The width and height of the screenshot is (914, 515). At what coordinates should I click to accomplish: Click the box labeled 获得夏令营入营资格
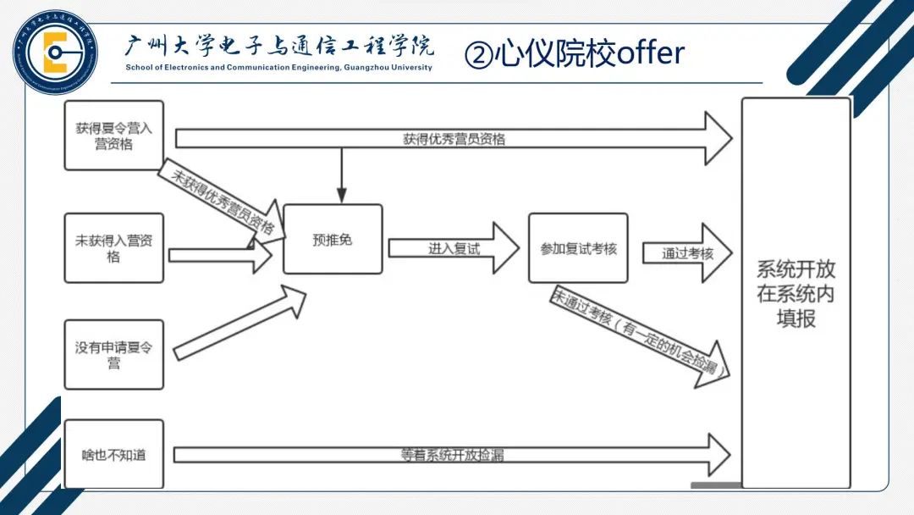(113, 136)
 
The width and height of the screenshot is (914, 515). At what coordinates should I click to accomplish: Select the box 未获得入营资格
(113, 247)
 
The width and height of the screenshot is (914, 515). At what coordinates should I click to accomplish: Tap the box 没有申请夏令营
(113, 354)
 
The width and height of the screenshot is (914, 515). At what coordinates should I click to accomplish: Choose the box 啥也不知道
(113, 454)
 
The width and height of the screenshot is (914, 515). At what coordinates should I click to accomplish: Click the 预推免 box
(333, 240)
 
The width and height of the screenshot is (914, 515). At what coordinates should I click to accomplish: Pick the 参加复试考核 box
(578, 248)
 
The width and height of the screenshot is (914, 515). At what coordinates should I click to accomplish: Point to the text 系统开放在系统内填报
(796, 293)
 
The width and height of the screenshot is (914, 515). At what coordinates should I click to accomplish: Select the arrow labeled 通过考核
(686, 252)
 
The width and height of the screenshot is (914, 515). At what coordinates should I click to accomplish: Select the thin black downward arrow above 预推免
(341, 174)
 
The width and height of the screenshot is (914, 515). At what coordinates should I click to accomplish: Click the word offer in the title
(650, 54)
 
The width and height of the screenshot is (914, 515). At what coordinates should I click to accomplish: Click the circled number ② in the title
(478, 56)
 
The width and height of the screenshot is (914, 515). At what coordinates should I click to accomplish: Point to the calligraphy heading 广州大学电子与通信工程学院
(278, 47)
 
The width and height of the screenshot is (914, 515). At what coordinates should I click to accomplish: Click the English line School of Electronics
(278, 67)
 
